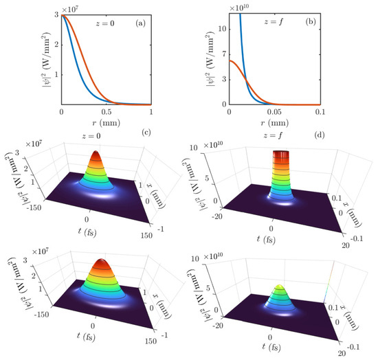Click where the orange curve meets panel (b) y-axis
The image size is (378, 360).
(228, 60)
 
